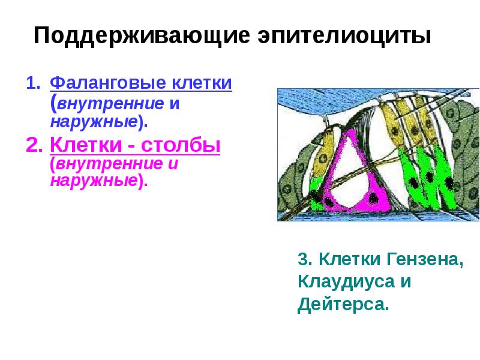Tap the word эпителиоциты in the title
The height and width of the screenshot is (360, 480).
click(345, 35)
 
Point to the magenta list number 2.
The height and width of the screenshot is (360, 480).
click(32, 145)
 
